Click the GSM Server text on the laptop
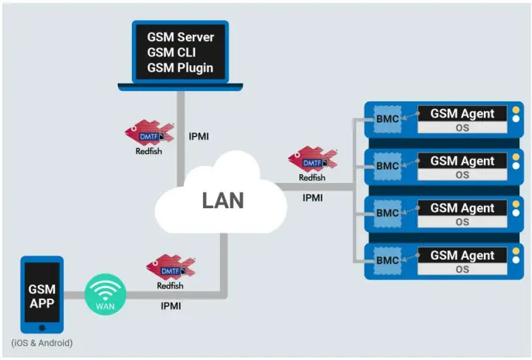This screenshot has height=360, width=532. click(180, 37)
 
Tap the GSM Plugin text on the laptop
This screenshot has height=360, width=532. click(180, 68)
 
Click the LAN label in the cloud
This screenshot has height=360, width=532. click(222, 200)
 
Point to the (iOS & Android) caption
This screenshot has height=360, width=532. click(41, 343)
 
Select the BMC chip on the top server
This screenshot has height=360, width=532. click(388, 119)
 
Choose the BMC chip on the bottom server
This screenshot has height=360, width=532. click(388, 261)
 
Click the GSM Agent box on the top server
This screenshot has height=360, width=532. click(462, 113)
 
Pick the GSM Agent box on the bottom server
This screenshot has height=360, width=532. click(462, 256)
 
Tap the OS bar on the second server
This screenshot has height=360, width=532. click(462, 175)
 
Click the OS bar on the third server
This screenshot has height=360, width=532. click(462, 222)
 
